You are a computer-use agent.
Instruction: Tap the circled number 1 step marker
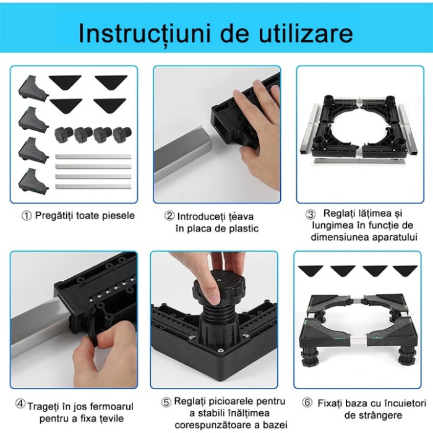click(x=27, y=216)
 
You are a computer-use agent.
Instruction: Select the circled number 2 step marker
click(x=169, y=216)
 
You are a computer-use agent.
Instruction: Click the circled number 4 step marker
click(x=20, y=404)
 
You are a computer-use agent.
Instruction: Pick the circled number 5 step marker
click(x=166, y=402)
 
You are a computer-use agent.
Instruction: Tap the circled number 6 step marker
click(x=307, y=403)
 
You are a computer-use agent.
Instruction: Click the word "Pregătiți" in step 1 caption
click(x=56, y=216)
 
